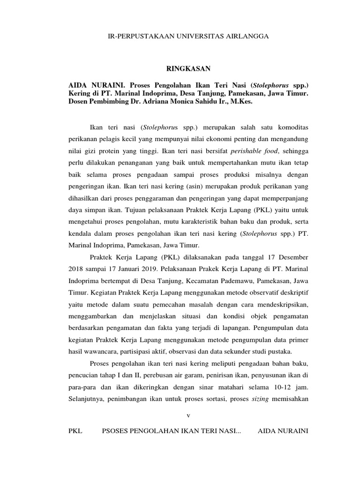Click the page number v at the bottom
coord(187,415)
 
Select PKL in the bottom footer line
coord(75,431)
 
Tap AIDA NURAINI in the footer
coord(283,431)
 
